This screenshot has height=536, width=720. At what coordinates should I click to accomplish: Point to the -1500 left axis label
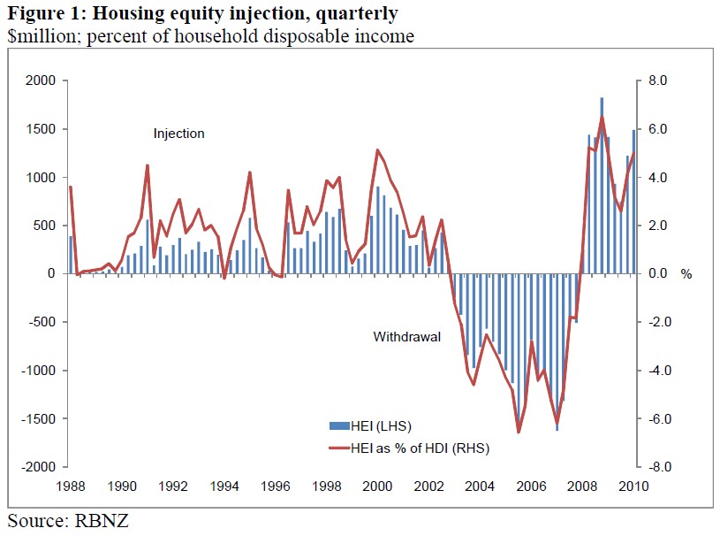(40, 418)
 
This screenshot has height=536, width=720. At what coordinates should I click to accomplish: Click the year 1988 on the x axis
(71, 486)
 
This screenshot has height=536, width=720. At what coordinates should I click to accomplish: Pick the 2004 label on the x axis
(479, 486)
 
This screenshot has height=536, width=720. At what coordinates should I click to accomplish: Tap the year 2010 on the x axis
(633, 486)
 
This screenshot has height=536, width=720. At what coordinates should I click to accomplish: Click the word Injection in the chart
(178, 134)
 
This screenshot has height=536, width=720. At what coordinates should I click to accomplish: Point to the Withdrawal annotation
(406, 337)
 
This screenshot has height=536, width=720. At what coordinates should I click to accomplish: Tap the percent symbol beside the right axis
(686, 274)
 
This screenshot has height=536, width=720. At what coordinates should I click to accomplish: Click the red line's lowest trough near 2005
(519, 432)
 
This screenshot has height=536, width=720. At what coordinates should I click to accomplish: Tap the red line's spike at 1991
(147, 165)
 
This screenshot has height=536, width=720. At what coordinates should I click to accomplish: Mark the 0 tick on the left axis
(53, 273)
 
